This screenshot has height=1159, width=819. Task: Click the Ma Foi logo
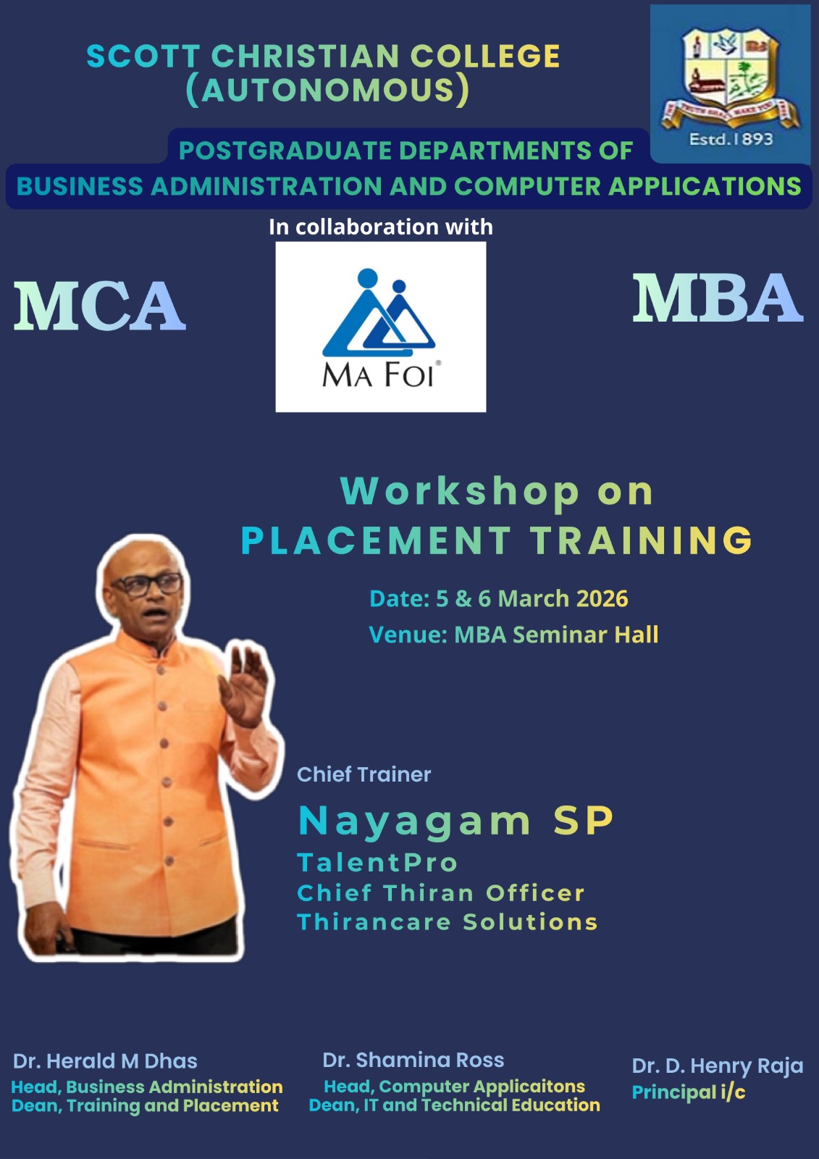click(x=380, y=327)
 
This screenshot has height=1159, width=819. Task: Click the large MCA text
click(x=99, y=306)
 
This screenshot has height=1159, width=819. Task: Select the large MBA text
click(x=718, y=298)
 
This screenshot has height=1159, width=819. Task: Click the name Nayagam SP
click(x=455, y=821)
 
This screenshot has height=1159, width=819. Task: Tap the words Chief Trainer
click(x=364, y=774)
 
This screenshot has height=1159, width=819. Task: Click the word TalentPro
click(x=378, y=863)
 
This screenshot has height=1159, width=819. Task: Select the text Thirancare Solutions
click(x=448, y=921)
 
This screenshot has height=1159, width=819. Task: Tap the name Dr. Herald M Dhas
click(x=105, y=1061)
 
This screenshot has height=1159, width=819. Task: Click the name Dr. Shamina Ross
click(x=413, y=1060)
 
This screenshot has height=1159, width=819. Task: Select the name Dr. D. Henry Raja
click(x=718, y=1066)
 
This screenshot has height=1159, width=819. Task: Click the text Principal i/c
click(x=689, y=1092)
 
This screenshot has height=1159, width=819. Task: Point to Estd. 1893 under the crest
click(x=731, y=139)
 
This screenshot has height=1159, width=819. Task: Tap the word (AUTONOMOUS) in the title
click(x=327, y=90)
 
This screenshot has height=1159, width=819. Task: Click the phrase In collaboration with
click(x=381, y=227)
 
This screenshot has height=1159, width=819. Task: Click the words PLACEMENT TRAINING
click(x=497, y=540)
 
